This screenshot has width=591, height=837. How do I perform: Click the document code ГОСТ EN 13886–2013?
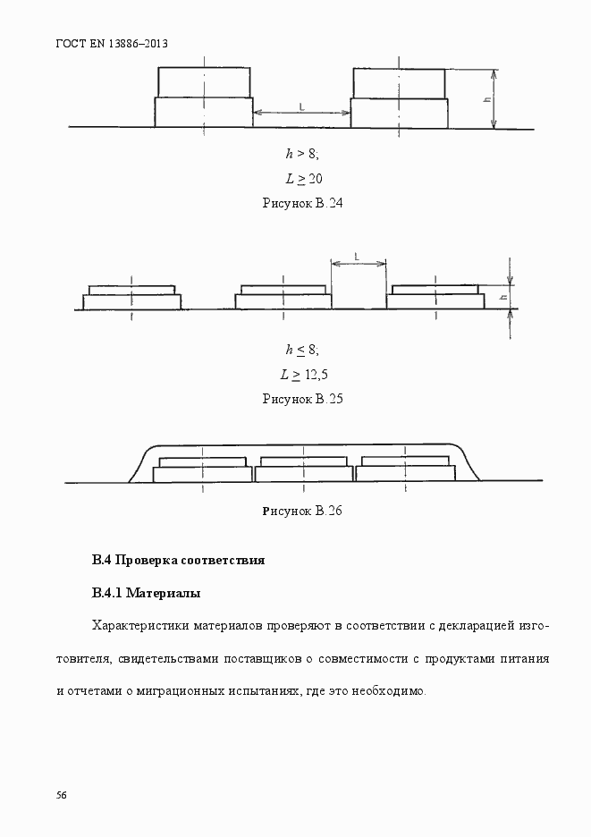[x=113, y=43]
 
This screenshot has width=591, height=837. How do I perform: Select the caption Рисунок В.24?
[x=302, y=203]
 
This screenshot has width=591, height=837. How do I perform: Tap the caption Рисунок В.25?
[x=302, y=399]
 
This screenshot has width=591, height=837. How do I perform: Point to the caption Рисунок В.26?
[x=302, y=511]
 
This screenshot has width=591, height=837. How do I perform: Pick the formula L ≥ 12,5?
[x=302, y=374]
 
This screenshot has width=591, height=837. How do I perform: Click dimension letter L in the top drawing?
[x=301, y=107]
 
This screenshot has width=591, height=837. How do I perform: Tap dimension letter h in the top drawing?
[x=486, y=98]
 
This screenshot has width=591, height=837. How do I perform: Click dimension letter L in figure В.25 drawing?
[x=358, y=257]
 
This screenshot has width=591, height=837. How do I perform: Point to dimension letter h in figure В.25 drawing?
[x=503, y=297]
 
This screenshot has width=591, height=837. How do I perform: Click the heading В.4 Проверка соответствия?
[x=178, y=562]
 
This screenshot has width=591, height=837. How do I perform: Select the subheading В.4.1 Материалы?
[x=146, y=593]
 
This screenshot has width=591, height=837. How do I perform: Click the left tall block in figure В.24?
[x=204, y=97]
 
